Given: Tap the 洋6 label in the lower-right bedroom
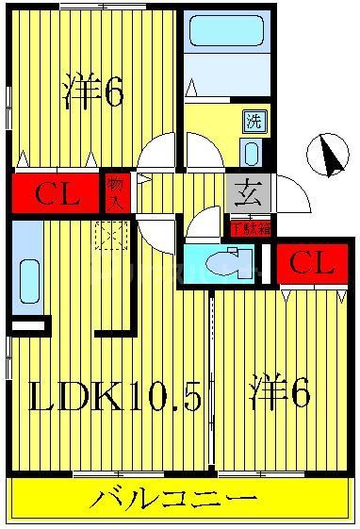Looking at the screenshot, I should coord(280,393).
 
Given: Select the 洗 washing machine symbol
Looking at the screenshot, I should coord(254,121).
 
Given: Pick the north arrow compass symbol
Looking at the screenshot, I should coord(327,157).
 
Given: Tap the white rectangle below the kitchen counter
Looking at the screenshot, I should coord(28,325).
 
